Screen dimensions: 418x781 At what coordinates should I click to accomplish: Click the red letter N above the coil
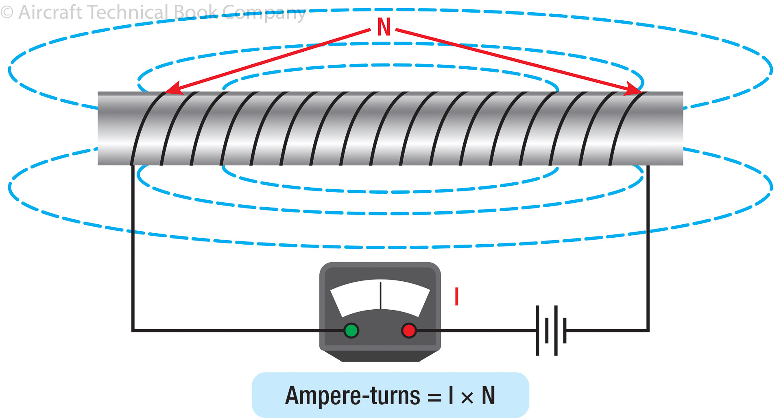click(384, 28)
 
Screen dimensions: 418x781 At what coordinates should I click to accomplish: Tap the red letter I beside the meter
click(457, 296)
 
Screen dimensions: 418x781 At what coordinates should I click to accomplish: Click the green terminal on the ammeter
click(351, 330)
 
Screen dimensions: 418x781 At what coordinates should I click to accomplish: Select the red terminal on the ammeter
click(409, 330)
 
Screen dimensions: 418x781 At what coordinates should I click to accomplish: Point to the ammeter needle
click(380, 295)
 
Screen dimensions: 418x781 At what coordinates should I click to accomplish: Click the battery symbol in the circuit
click(551, 330)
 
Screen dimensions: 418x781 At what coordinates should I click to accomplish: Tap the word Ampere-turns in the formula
click(352, 396)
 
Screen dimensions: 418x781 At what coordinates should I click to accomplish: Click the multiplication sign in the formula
click(467, 397)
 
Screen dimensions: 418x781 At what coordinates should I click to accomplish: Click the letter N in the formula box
click(488, 395)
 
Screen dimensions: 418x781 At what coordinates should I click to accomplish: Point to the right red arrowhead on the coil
click(634, 90)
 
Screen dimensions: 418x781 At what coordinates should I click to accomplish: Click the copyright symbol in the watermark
click(7, 12)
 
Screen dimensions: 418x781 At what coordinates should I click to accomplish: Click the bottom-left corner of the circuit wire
click(133, 330)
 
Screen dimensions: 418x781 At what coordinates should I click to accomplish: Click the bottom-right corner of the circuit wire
click(648, 330)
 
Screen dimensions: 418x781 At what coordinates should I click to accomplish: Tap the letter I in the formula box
click(451, 395)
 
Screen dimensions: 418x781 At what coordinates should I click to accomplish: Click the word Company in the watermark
click(264, 14)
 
